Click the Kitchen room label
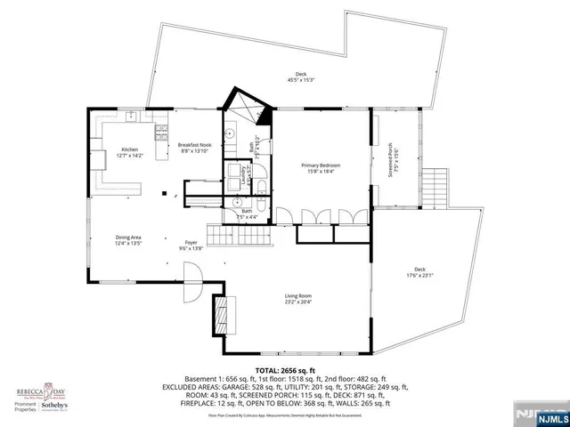coord(130,152)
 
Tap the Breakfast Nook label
coord(194,148)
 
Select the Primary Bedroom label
coord(321,168)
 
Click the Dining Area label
coord(128,239)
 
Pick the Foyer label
coord(191,245)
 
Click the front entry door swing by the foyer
coord(191,293)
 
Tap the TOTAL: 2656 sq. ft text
coord(285,369)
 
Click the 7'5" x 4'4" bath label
coord(248,213)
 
